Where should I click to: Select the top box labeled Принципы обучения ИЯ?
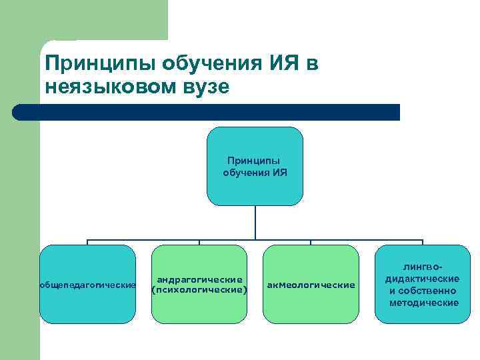coord(255,166)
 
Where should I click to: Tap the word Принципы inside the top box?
coord(253,161)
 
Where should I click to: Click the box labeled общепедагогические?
coord(87,284)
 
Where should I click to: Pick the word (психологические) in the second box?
coord(199,290)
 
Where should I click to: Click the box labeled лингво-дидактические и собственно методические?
coord(423,284)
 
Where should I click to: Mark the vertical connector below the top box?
coord(255,222)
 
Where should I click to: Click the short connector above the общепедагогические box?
coord(87,242)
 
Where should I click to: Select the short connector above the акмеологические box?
coord(311,242)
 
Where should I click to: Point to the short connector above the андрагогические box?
coord(199,242)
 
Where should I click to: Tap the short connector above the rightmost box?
coord(423,242)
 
